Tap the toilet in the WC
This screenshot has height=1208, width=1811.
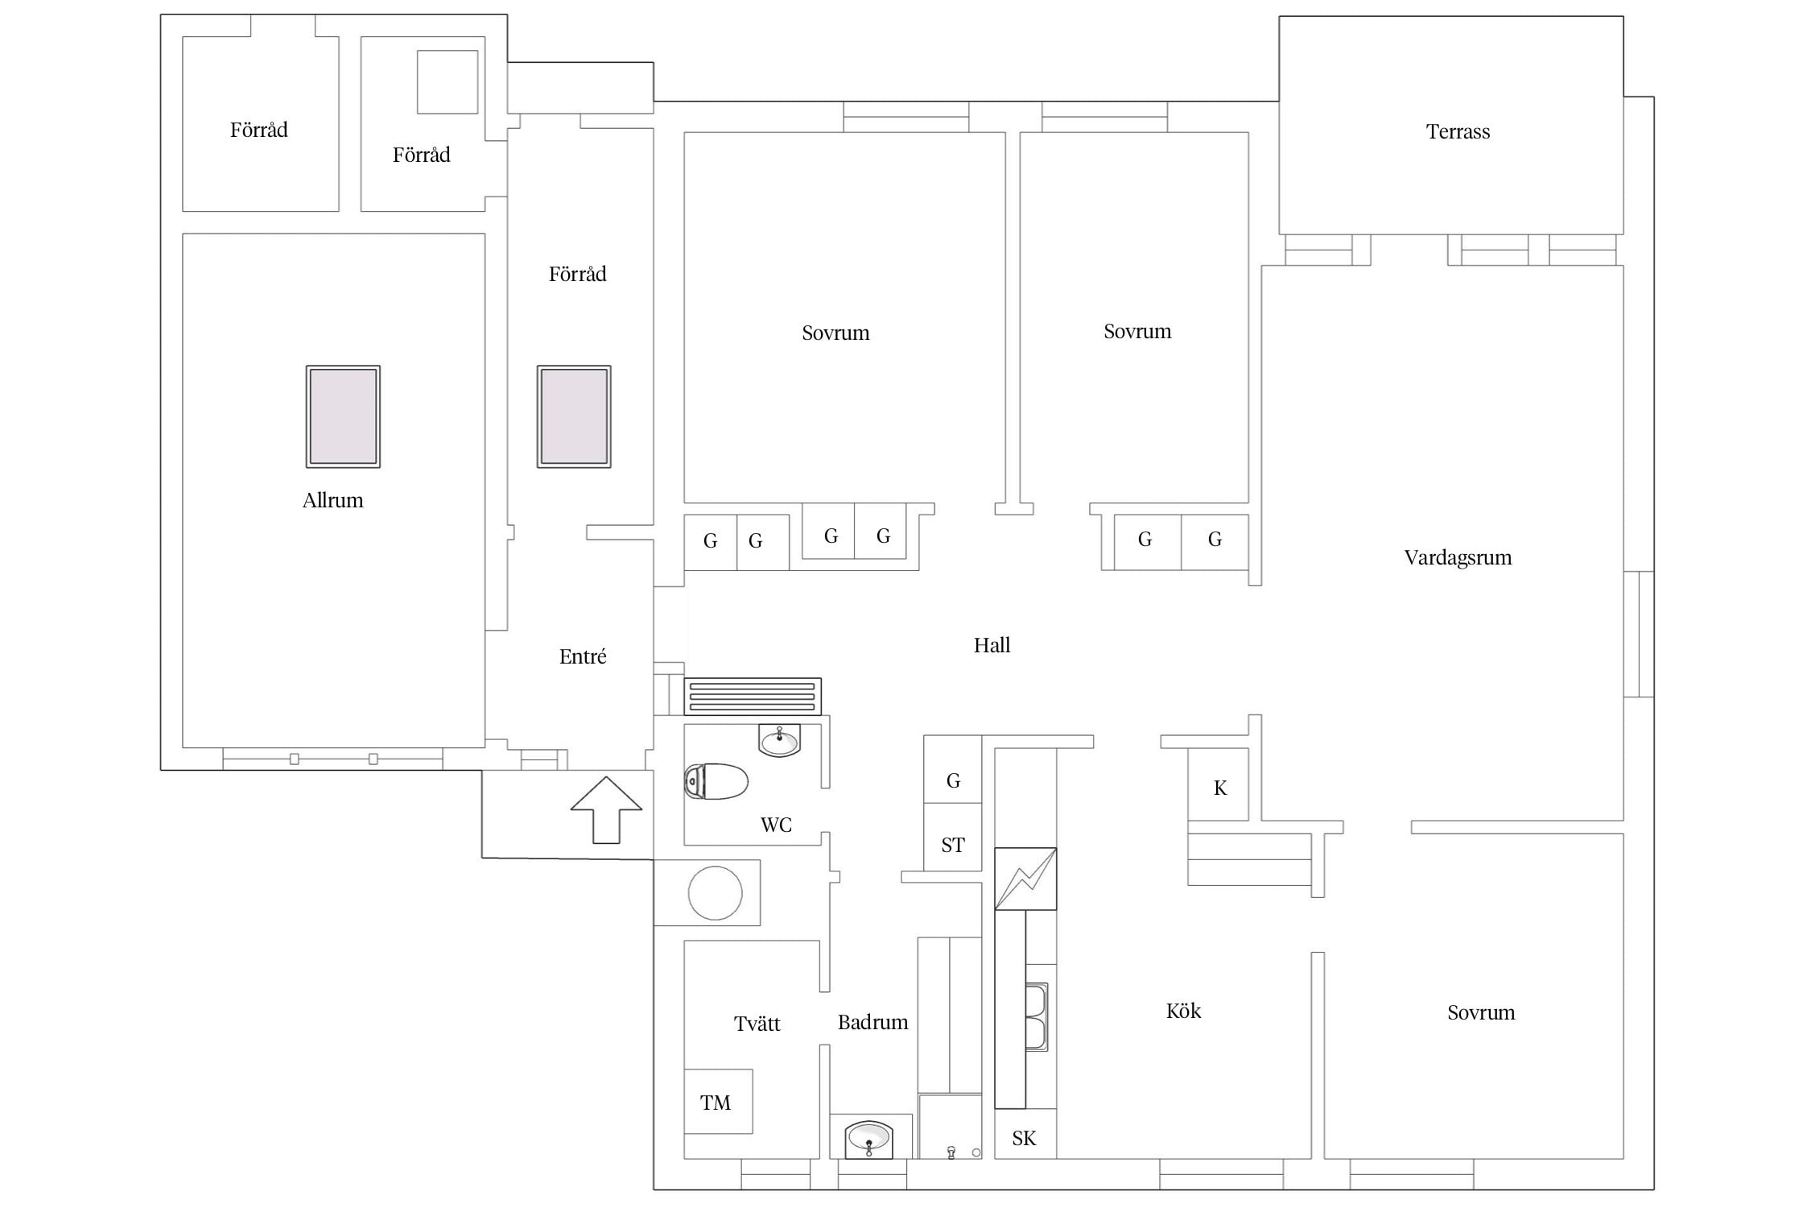click(716, 781)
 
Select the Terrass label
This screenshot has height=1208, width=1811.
click(1458, 131)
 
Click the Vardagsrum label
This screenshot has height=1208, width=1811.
click(1458, 557)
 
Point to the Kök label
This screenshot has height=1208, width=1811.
click(1183, 1011)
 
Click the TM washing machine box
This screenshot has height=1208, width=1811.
click(718, 1102)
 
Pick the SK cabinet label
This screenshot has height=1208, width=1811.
click(1024, 1138)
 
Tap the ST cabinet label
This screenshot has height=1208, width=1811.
click(953, 845)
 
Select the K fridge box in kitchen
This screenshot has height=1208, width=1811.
click(1219, 784)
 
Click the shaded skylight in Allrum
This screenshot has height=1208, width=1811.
click(343, 416)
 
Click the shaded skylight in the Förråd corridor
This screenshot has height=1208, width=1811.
click(574, 416)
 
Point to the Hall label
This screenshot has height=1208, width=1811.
click(992, 645)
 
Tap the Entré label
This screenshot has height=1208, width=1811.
click(583, 656)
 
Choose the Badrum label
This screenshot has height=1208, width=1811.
click(872, 1022)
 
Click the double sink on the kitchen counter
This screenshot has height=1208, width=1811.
click(1037, 1016)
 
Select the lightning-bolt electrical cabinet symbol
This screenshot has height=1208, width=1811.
click(1025, 879)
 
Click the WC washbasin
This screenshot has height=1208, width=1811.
click(779, 741)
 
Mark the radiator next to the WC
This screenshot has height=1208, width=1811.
click(753, 697)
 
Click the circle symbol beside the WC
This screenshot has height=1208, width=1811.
click(715, 893)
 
